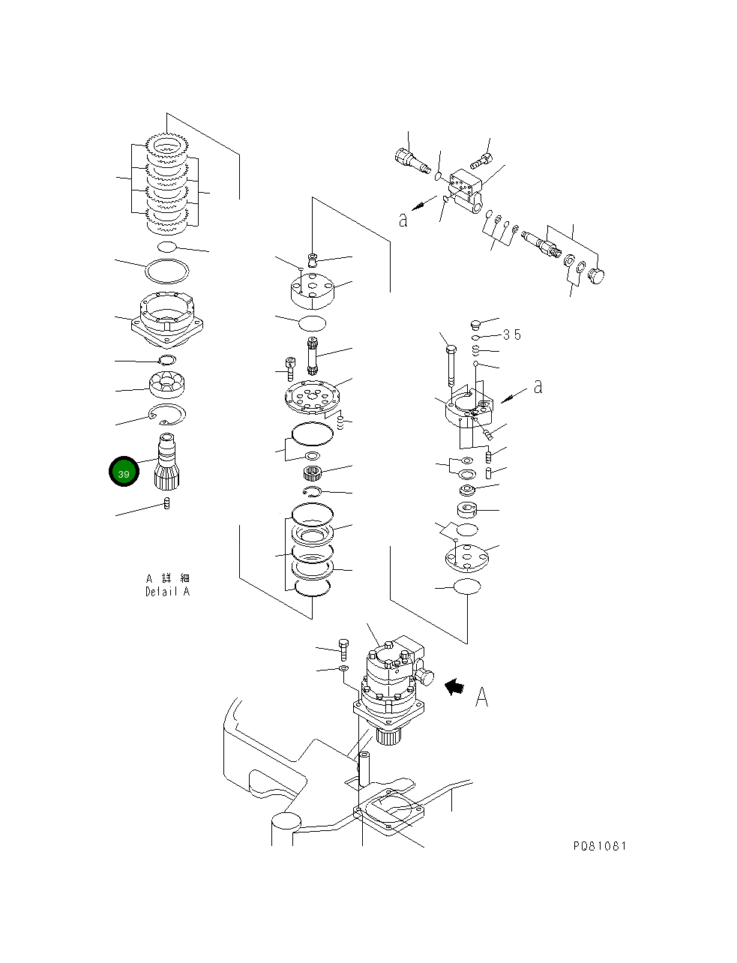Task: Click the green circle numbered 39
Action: pyautogui.click(x=124, y=472)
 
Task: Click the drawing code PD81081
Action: pyautogui.click(x=599, y=846)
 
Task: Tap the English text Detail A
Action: pyautogui.click(x=167, y=591)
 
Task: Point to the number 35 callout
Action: pyautogui.click(x=511, y=335)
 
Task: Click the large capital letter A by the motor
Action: pyautogui.click(x=481, y=697)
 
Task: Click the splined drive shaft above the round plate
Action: pyautogui.click(x=313, y=357)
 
